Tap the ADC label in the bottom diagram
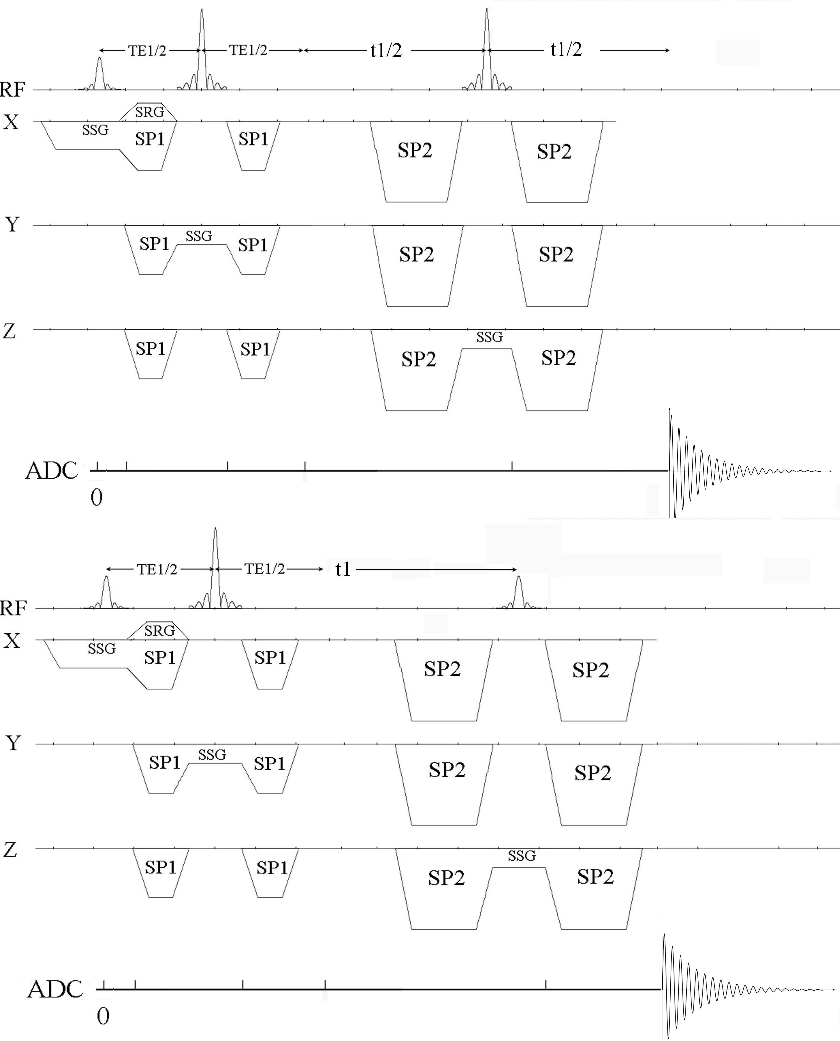pyautogui.click(x=55, y=989)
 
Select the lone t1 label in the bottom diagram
pyautogui.click(x=343, y=569)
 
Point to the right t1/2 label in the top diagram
pyautogui.click(x=566, y=49)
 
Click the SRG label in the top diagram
pyautogui.click(x=149, y=112)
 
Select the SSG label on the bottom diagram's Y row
pyautogui.click(x=212, y=754)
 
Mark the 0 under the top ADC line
pyautogui.click(x=97, y=497)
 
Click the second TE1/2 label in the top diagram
pyautogui.click(x=248, y=50)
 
